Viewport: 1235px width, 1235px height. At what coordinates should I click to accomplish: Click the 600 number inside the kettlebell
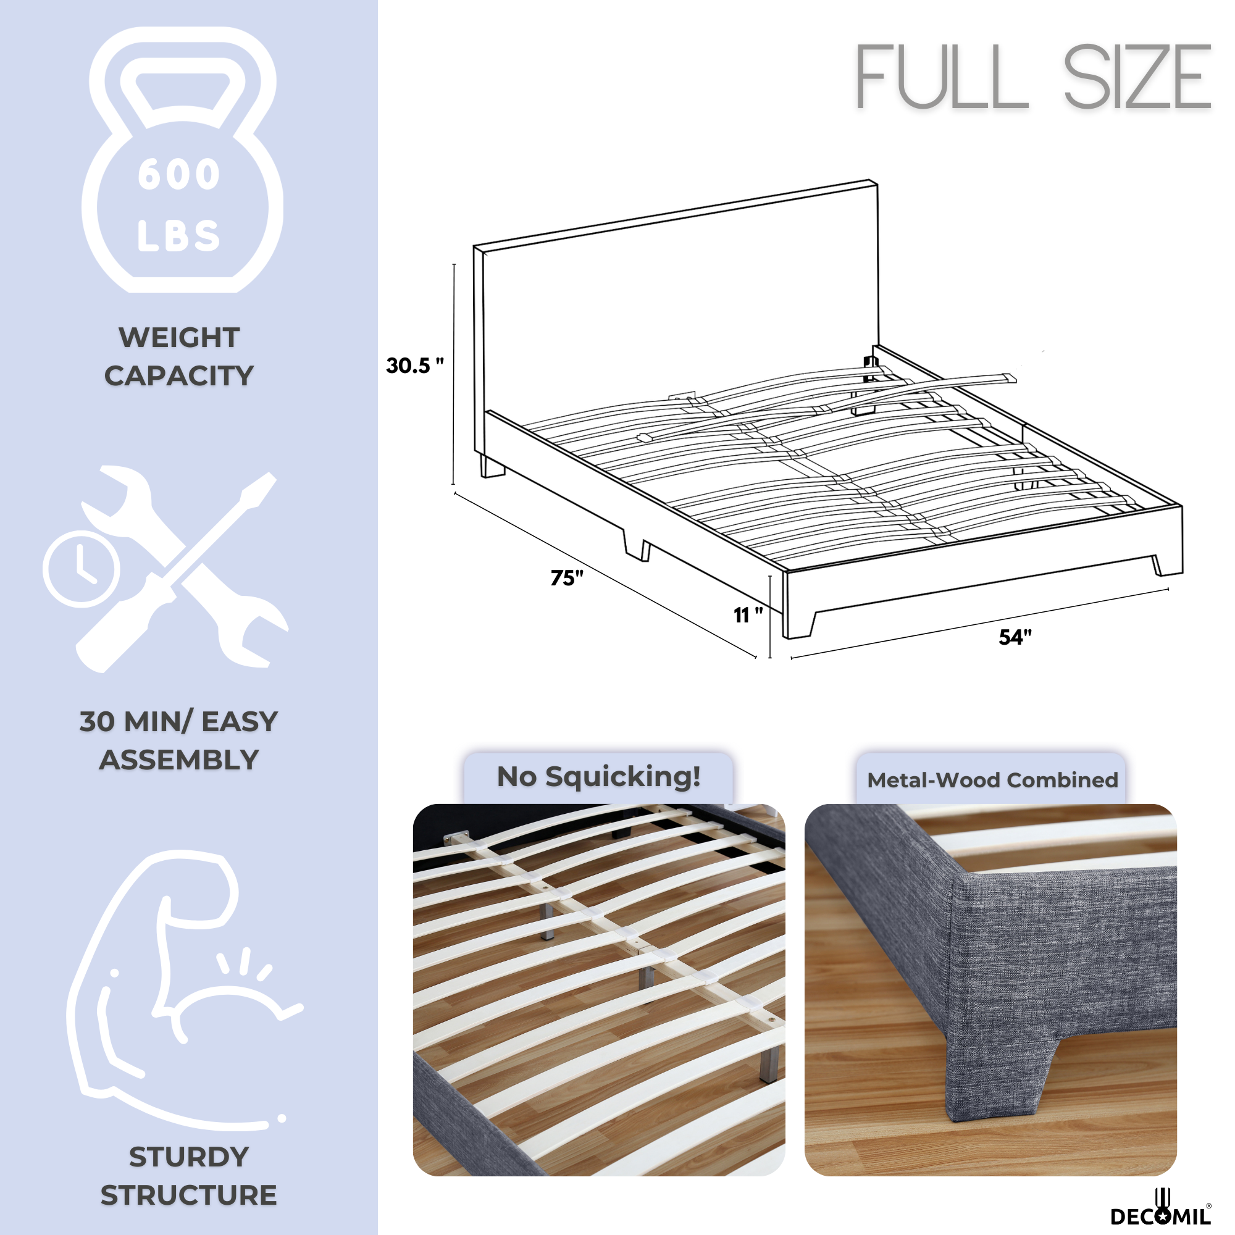(x=179, y=175)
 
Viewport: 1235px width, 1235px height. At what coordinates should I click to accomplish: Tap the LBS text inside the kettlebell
(x=179, y=235)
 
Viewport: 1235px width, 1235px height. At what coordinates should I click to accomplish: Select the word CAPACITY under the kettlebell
(x=179, y=376)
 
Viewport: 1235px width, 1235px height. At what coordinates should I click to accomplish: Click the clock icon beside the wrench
(x=81, y=568)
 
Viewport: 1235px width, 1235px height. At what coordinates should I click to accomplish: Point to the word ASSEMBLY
(x=179, y=760)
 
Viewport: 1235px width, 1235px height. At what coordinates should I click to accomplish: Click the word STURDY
(x=188, y=1157)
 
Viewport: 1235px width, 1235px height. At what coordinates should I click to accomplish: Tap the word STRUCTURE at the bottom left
(x=188, y=1195)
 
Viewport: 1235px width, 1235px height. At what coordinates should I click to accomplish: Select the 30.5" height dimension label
(x=415, y=366)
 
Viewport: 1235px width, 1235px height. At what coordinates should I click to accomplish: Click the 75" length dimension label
(x=567, y=578)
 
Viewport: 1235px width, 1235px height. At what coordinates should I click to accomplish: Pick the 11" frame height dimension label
(x=748, y=615)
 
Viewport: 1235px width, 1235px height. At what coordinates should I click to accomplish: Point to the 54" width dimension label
(x=1015, y=637)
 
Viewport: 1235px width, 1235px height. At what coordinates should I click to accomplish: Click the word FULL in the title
(x=943, y=77)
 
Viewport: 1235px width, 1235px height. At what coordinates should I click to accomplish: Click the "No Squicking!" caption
(x=599, y=777)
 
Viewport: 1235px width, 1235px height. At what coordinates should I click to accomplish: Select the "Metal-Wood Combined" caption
(x=993, y=780)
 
